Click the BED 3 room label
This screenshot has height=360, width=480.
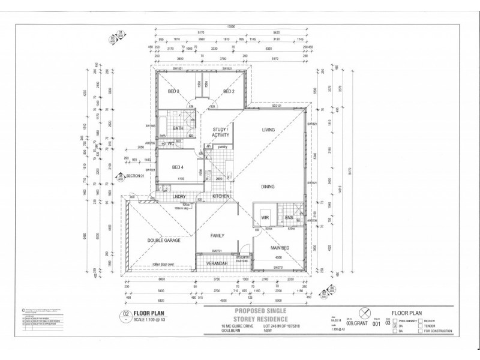coord(173,91)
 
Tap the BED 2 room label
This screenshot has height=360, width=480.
coord(229,91)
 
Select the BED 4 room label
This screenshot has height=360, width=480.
coord(178,167)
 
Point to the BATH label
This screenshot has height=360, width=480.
coord(178,128)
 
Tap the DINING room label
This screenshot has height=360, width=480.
coord(268,186)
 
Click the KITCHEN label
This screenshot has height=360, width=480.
coord(221,196)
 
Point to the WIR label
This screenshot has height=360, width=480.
coord(265,218)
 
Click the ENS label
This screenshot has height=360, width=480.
coord(289,217)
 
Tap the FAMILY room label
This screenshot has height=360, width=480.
coord(217,236)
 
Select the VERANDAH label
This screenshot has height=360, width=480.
coord(217,263)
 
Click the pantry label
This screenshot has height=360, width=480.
coord(221,146)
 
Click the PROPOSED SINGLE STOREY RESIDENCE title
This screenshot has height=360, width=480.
coord(262,314)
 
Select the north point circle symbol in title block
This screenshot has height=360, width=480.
coord(362,312)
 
